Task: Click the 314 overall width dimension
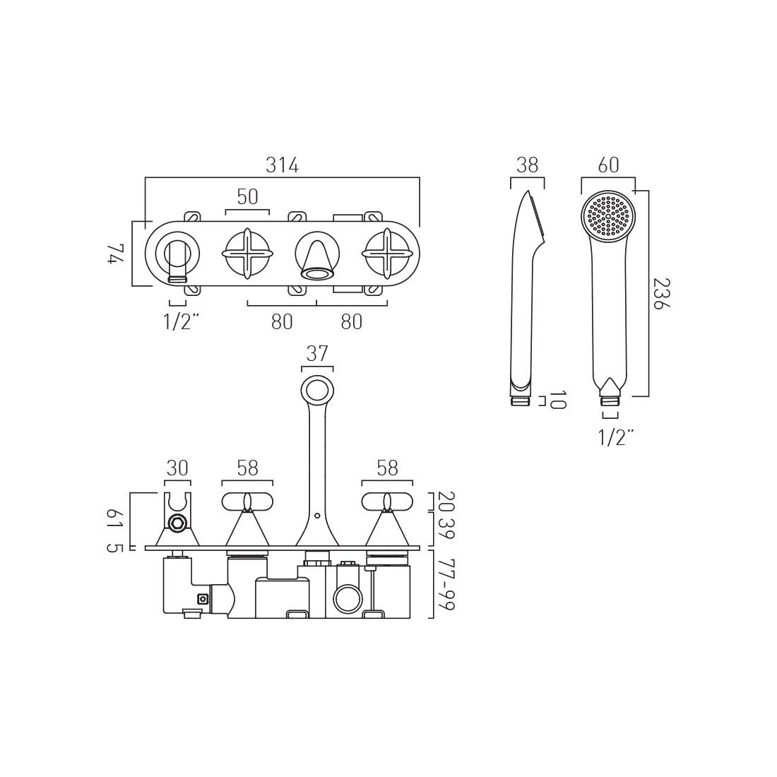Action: point(283,165)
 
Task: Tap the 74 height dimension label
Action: point(115,254)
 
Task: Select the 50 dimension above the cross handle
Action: point(247,197)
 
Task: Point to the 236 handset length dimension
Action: point(661,293)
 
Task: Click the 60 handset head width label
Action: point(608,165)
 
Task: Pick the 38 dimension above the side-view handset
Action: point(527,165)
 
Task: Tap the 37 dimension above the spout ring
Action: point(317,354)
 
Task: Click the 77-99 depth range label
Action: point(446,585)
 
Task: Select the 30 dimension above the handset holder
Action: point(177,468)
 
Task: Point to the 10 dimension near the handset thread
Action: point(557,400)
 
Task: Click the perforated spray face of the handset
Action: point(608,217)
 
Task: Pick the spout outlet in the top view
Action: point(317,273)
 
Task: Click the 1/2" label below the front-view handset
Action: point(616,438)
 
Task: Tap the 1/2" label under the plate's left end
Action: point(182,322)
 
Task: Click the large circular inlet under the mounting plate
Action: point(348,600)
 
